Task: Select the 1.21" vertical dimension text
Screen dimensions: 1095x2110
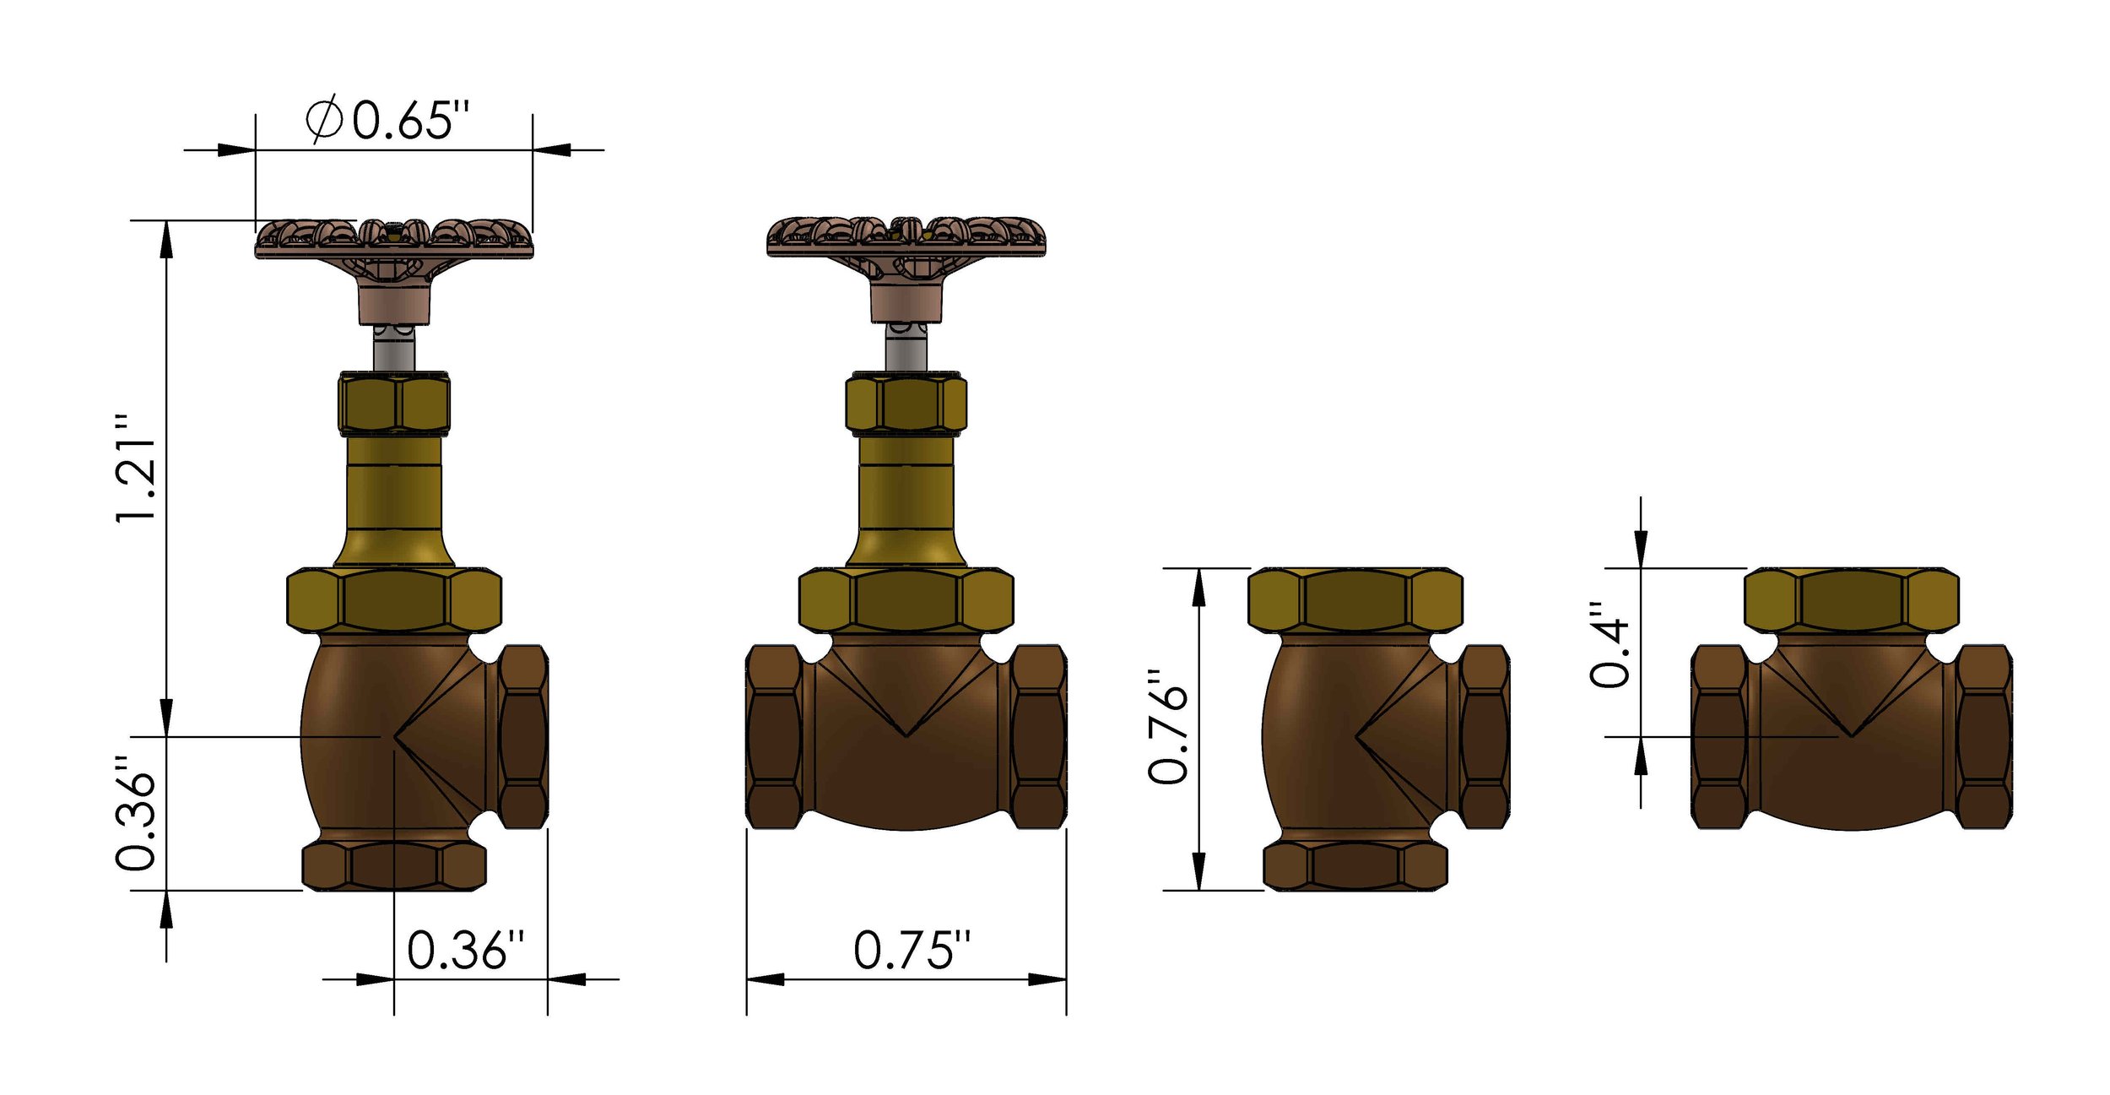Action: (137, 469)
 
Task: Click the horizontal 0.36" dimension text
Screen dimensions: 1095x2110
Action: (466, 951)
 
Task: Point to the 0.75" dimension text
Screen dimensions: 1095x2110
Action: (912, 951)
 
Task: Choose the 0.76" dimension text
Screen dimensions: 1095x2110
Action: (1169, 727)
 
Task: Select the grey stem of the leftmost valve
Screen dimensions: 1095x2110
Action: (394, 349)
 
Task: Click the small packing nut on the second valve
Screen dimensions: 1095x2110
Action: (906, 404)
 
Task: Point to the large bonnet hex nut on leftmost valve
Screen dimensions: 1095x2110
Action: (394, 600)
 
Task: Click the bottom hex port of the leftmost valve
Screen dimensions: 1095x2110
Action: (394, 865)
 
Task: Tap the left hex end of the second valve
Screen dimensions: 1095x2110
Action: (774, 736)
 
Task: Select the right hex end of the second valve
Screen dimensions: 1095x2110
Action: (1038, 736)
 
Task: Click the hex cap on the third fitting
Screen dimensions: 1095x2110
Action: (1355, 600)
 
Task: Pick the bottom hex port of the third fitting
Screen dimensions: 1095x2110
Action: (1355, 865)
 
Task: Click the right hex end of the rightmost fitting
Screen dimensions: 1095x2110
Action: (1983, 736)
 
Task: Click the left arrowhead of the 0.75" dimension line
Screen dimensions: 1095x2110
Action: (764, 979)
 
